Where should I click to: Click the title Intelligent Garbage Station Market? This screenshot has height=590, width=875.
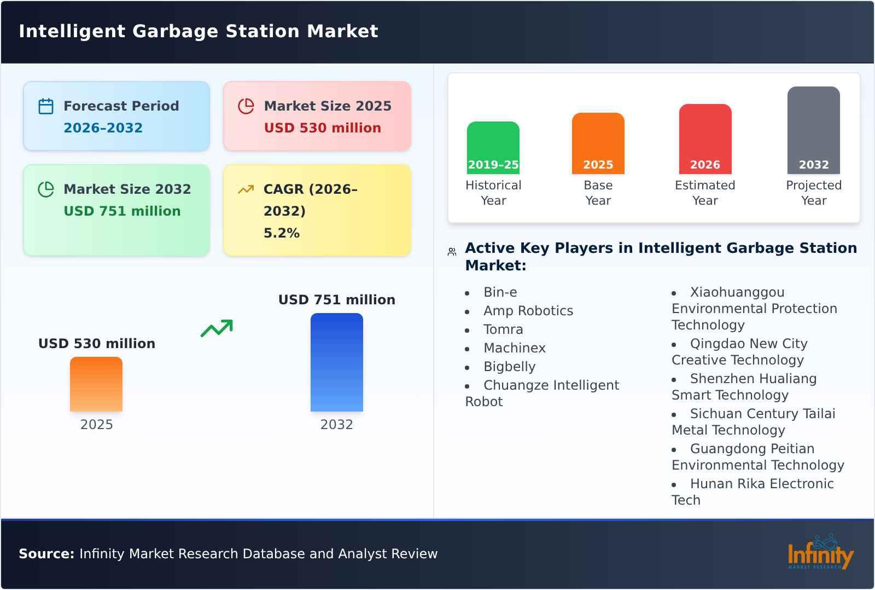click(198, 31)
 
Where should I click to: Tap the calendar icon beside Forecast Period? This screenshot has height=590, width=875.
click(46, 106)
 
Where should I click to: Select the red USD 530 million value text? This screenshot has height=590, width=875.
click(322, 128)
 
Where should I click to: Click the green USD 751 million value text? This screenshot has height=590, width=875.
click(122, 211)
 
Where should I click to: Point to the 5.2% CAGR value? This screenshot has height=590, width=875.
click(281, 233)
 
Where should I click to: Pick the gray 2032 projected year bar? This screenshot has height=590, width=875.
click(813, 129)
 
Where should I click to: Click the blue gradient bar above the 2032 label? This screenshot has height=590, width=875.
click(336, 362)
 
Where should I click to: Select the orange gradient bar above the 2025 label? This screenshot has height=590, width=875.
click(96, 384)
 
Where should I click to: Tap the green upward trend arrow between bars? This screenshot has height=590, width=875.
click(217, 328)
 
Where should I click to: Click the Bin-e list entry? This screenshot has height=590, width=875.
click(500, 292)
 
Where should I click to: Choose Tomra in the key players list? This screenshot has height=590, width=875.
click(503, 329)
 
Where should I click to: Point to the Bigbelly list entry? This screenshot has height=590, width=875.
click(509, 367)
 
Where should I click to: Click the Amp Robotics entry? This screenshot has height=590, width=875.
click(528, 311)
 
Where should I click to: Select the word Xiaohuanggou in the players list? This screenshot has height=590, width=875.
click(737, 292)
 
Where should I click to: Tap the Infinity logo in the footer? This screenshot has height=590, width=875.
click(820, 553)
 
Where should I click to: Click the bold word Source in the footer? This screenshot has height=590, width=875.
click(46, 554)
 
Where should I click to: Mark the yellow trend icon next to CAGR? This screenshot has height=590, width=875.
click(246, 189)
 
